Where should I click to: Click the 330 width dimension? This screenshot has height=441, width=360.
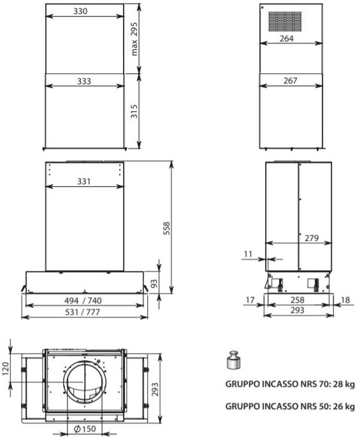tap(80, 11)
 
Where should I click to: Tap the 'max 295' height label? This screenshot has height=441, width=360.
tap(134, 39)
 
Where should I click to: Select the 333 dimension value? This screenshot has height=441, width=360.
tap(84, 82)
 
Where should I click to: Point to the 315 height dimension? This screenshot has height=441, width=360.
tap(134, 112)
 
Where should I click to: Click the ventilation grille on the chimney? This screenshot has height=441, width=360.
tap(285, 22)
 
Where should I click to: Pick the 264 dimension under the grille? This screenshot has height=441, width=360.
tap(287, 38)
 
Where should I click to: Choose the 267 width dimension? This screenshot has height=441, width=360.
tap(291, 81)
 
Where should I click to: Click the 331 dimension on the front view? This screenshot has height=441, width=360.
tap(84, 182)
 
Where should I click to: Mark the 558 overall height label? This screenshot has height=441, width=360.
tap(166, 228)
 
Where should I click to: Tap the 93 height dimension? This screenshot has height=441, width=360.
tap(154, 283)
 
